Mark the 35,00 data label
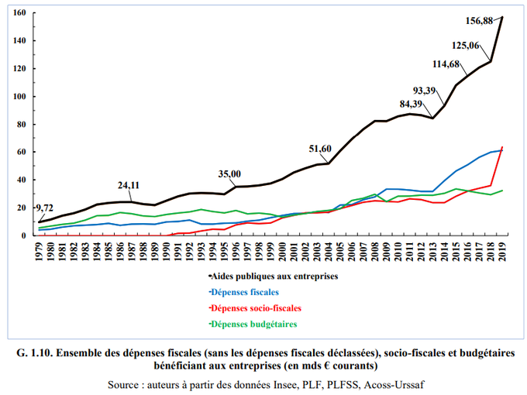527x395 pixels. pos(229,174)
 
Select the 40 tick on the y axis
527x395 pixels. pos(22,180)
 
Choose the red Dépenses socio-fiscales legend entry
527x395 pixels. pos(255,307)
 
